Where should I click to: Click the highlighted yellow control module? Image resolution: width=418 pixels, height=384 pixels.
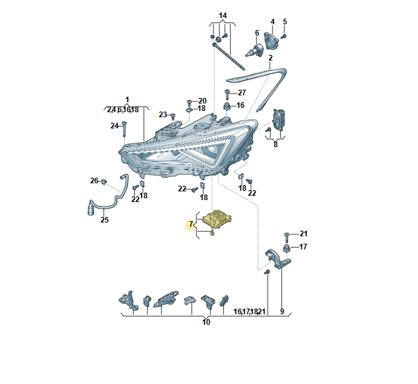pyautogui.click(x=217, y=219)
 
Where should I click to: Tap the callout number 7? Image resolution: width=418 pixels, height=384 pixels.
pyautogui.click(x=191, y=224)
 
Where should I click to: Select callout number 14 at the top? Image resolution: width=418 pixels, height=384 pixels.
pyautogui.click(x=223, y=16)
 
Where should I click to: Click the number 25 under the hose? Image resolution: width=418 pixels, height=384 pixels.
pyautogui.click(x=105, y=219)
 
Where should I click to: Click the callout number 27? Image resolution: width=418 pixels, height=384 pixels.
pyautogui.click(x=242, y=93)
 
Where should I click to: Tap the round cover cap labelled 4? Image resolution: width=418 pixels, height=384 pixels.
pyautogui.click(x=271, y=41)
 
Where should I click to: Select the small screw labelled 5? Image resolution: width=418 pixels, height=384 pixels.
pyautogui.click(x=284, y=36)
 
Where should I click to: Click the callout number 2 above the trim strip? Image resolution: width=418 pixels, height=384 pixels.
pyautogui.click(x=270, y=58)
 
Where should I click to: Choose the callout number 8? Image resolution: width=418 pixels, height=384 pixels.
pyautogui.click(x=275, y=145)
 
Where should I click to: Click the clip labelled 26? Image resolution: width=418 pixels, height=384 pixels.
pyautogui.click(x=104, y=181)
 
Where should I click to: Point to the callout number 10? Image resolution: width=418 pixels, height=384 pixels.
pyautogui.click(x=206, y=322)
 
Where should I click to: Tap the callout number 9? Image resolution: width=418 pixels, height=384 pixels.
pyautogui.click(x=282, y=311)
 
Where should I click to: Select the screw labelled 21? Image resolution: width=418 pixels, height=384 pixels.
pyautogui.click(x=286, y=237)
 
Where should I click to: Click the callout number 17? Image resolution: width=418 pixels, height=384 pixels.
pyautogui.click(x=303, y=247)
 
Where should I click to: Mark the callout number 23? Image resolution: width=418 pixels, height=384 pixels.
pyautogui.click(x=163, y=115)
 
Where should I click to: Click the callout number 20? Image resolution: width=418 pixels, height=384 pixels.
pyautogui.click(x=202, y=100)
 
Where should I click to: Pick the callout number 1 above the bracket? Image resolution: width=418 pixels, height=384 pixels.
pyautogui.click(x=127, y=100)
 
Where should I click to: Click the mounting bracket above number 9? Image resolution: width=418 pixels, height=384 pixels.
pyautogui.click(x=278, y=258)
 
